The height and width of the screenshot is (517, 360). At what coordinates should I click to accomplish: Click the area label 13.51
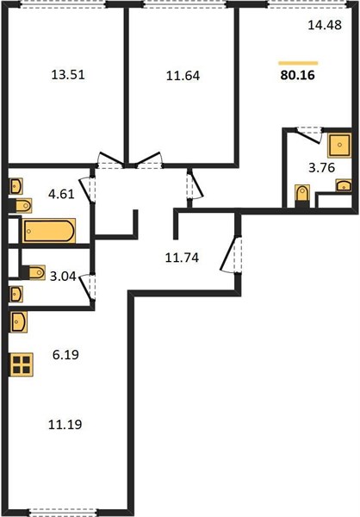[68, 75]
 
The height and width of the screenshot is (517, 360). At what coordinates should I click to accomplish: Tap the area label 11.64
[183, 76]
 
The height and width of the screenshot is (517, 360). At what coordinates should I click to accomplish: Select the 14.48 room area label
[325, 25]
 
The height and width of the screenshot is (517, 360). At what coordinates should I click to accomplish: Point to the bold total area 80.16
[298, 75]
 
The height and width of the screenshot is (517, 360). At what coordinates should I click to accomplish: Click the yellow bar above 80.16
[298, 63]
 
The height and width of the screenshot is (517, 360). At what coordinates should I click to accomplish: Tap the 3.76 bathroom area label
[322, 168]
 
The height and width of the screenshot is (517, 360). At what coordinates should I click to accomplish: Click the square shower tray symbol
[339, 145]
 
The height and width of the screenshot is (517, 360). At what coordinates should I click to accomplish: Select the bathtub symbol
[49, 231]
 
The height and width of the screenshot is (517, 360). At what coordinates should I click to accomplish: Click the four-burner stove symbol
[22, 364]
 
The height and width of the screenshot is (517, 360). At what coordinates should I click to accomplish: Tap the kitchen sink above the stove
[18, 321]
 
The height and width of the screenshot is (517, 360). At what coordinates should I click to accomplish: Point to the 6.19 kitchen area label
[65, 355]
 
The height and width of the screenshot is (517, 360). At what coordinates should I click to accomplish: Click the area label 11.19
[65, 424]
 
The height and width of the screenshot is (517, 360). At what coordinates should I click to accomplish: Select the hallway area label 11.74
[182, 258]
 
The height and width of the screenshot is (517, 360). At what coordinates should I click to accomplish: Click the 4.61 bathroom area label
[61, 194]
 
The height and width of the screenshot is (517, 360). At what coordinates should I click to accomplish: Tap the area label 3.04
[63, 276]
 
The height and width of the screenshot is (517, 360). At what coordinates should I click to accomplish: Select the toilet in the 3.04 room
[33, 272]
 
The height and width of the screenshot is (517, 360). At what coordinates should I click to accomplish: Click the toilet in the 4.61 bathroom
[21, 206]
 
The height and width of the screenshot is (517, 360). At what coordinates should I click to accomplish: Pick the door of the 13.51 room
[111, 160]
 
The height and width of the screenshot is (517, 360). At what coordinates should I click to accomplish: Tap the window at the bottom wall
[63, 513]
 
